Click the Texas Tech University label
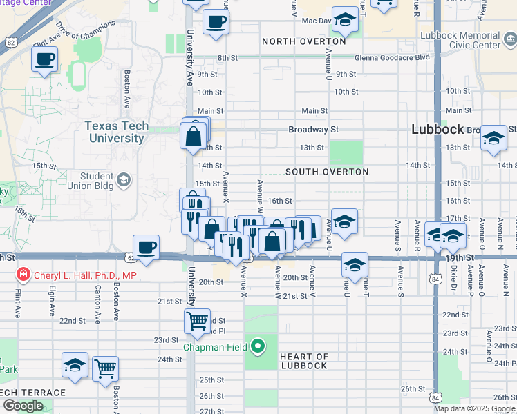coord(115,132)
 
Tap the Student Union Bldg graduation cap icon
coord(124,180)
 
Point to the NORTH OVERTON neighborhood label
coord(303,42)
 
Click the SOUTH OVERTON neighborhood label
coord(327,172)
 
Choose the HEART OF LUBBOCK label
coord(303,361)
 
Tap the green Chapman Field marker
coord(258,346)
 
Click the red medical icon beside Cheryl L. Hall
coord(23,275)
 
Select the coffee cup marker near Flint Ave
coord(44,59)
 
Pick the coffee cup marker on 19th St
coord(147,248)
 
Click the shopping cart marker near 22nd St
coord(197,322)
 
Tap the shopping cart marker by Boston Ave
coord(105,368)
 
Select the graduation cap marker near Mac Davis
coord(344,20)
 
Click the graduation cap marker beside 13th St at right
coord(494,138)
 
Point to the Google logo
coord(23,406)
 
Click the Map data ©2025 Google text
coord(474,408)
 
